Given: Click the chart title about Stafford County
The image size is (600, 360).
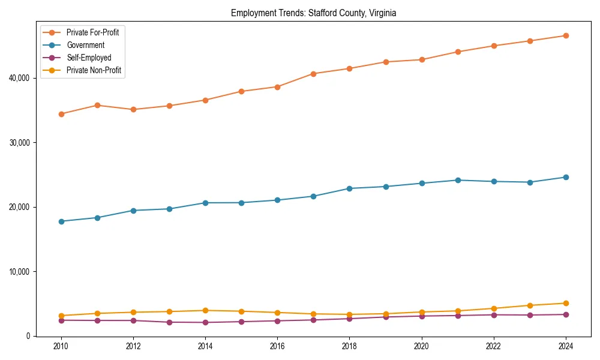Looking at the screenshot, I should click(313, 13).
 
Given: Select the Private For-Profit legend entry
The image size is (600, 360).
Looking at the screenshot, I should click(92, 32).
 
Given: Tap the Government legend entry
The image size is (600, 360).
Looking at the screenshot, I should click(85, 45).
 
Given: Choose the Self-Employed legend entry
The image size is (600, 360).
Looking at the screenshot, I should click(89, 58).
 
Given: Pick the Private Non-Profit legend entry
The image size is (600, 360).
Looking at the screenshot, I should click(94, 70).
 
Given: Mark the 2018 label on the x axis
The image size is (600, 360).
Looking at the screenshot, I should click(349, 346).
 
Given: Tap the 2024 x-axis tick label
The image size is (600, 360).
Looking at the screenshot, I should click(565, 346).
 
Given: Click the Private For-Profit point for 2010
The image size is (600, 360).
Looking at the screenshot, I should click(61, 114).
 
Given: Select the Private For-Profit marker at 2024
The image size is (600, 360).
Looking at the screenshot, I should click(565, 35).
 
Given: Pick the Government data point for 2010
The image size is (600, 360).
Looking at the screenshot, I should click(61, 221).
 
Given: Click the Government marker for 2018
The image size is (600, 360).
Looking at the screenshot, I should click(349, 188).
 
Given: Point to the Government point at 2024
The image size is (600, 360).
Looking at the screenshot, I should click(565, 177).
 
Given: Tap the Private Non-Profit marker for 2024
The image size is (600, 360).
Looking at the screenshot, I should click(565, 304).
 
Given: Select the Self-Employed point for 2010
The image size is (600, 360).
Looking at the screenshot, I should click(61, 320).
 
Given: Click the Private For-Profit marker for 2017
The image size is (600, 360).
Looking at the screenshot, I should click(313, 74).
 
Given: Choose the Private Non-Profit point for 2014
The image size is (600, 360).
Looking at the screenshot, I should click(205, 311).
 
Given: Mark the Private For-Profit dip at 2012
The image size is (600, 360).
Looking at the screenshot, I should click(133, 110).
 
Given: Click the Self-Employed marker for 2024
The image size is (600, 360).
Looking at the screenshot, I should click(565, 314).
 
